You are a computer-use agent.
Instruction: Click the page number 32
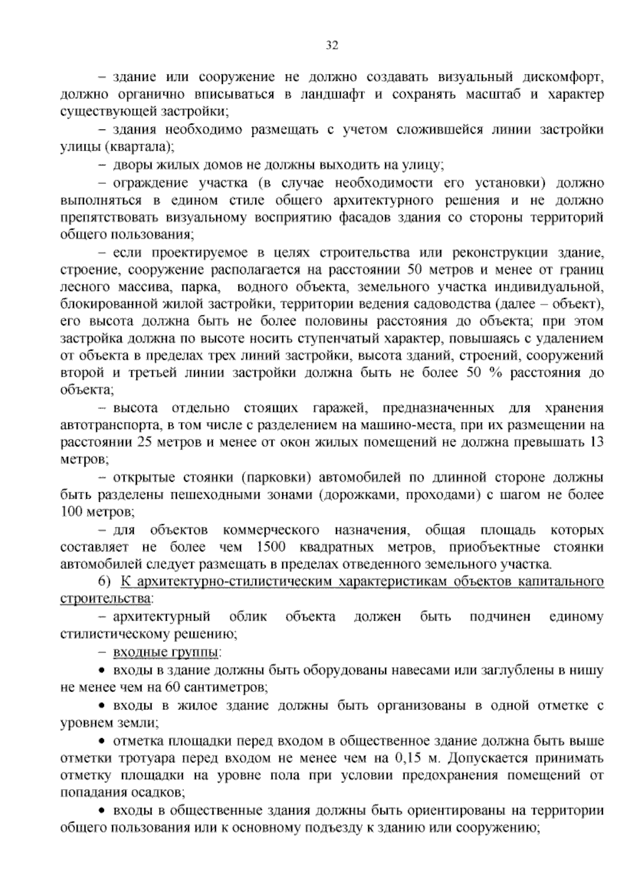point(332,45)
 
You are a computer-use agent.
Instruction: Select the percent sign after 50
point(494,373)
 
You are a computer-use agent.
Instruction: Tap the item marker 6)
point(105,582)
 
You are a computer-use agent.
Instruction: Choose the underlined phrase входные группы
point(165,654)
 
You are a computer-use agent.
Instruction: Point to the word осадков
point(158,792)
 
